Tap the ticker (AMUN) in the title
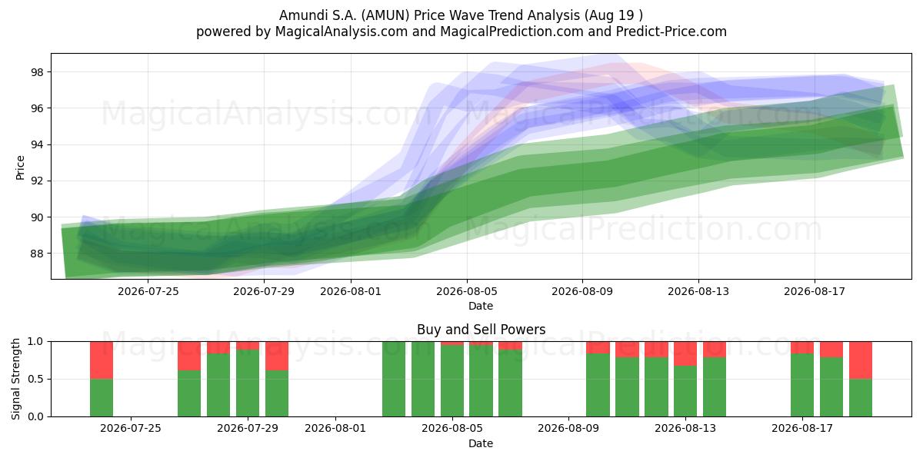coord(385,15)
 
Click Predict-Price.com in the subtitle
coord(671,32)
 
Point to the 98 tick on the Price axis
coord(37,72)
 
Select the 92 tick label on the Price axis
coord(37,181)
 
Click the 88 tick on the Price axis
coord(37,254)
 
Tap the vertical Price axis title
coord(20,167)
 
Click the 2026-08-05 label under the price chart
coord(466,291)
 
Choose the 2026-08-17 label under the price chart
coord(815,291)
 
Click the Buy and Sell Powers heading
coord(481,330)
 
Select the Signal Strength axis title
coord(15,379)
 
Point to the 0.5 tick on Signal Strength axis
coord(35,379)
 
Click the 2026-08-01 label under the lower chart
coord(335,429)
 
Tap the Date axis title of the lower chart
coord(481,443)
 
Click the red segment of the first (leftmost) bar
coord(102,360)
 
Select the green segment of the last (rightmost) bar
coord(861,398)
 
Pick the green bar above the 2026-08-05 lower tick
coord(452,381)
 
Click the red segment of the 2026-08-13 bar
coord(685,353)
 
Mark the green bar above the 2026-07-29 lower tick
coord(248,383)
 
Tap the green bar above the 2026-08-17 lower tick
coord(802,385)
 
